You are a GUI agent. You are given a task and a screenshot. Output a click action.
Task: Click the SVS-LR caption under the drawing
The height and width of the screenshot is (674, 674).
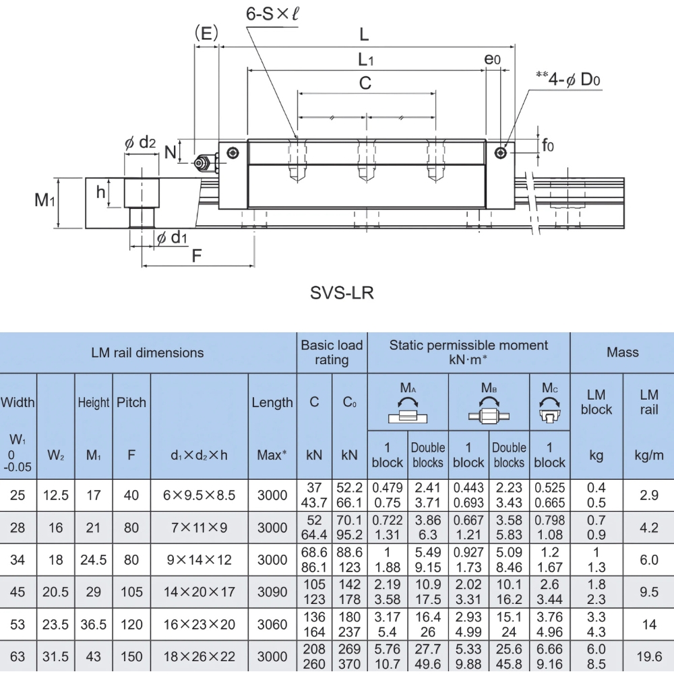point(342,293)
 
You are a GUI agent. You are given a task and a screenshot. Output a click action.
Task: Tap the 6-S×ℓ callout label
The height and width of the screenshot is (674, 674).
point(273,15)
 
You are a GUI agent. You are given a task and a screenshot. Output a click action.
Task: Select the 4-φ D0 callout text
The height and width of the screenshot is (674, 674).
point(574,80)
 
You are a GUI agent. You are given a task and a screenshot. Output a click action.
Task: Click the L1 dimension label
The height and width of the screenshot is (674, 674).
point(366,59)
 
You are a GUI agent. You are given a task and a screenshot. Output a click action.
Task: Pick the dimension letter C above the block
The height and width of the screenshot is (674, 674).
point(365,84)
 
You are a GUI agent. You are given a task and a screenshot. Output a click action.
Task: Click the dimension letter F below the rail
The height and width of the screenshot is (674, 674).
point(197,256)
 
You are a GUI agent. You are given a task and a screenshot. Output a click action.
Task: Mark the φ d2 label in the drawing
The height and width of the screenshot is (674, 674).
point(140,142)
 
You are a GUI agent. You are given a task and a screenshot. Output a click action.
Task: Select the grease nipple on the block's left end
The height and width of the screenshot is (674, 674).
point(202,162)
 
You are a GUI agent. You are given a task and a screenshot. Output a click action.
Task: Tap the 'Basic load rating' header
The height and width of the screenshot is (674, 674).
point(332,352)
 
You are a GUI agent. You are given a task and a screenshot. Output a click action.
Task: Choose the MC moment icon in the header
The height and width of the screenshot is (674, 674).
point(549,404)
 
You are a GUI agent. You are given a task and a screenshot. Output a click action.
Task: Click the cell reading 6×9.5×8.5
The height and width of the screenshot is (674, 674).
point(200,495)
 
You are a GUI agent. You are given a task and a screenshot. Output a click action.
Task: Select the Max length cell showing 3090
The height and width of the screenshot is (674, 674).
point(272,592)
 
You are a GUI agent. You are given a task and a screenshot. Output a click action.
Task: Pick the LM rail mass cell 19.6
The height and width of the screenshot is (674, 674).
point(648,656)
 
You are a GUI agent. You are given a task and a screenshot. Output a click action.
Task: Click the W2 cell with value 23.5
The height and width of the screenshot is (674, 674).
point(56,624)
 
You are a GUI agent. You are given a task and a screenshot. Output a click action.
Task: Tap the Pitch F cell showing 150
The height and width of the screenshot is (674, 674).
point(131,656)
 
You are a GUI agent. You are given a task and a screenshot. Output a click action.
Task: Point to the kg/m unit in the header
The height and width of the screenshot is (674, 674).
point(648,455)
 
